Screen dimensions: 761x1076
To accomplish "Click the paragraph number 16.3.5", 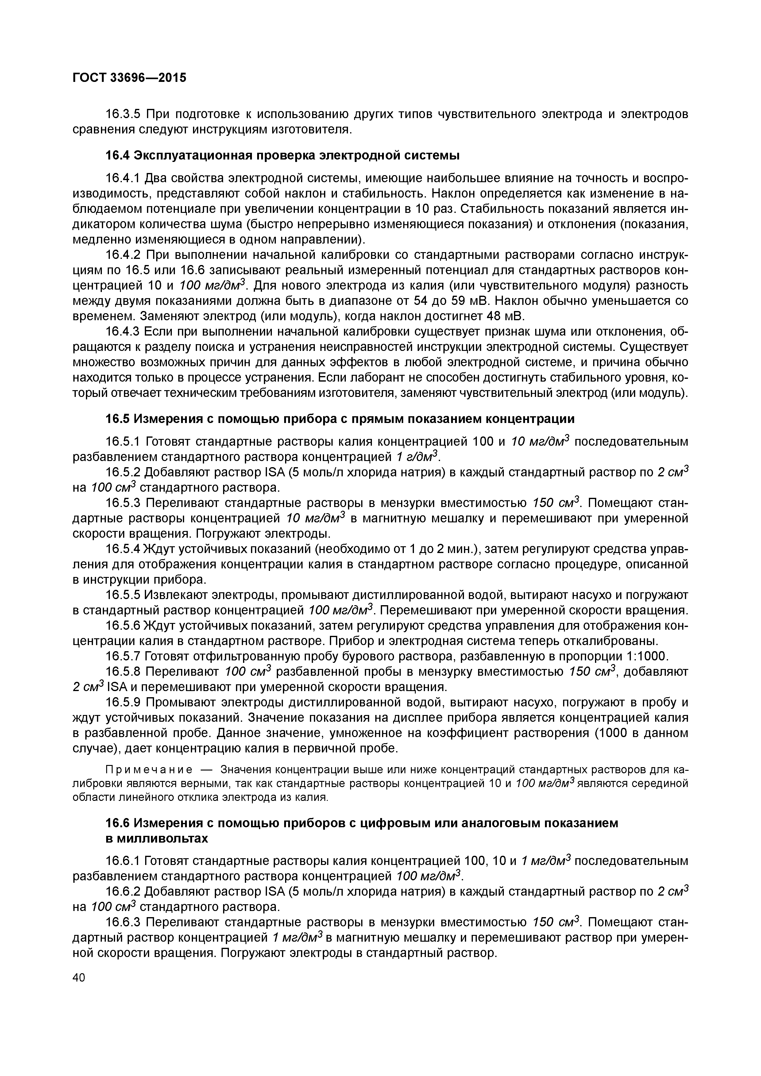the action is point(123,114).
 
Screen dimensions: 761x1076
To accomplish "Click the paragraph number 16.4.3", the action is point(123,332).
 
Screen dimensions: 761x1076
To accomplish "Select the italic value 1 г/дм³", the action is point(415,456).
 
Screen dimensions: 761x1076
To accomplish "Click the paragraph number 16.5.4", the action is point(123,548).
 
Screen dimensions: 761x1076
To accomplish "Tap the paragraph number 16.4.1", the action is point(123,178).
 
